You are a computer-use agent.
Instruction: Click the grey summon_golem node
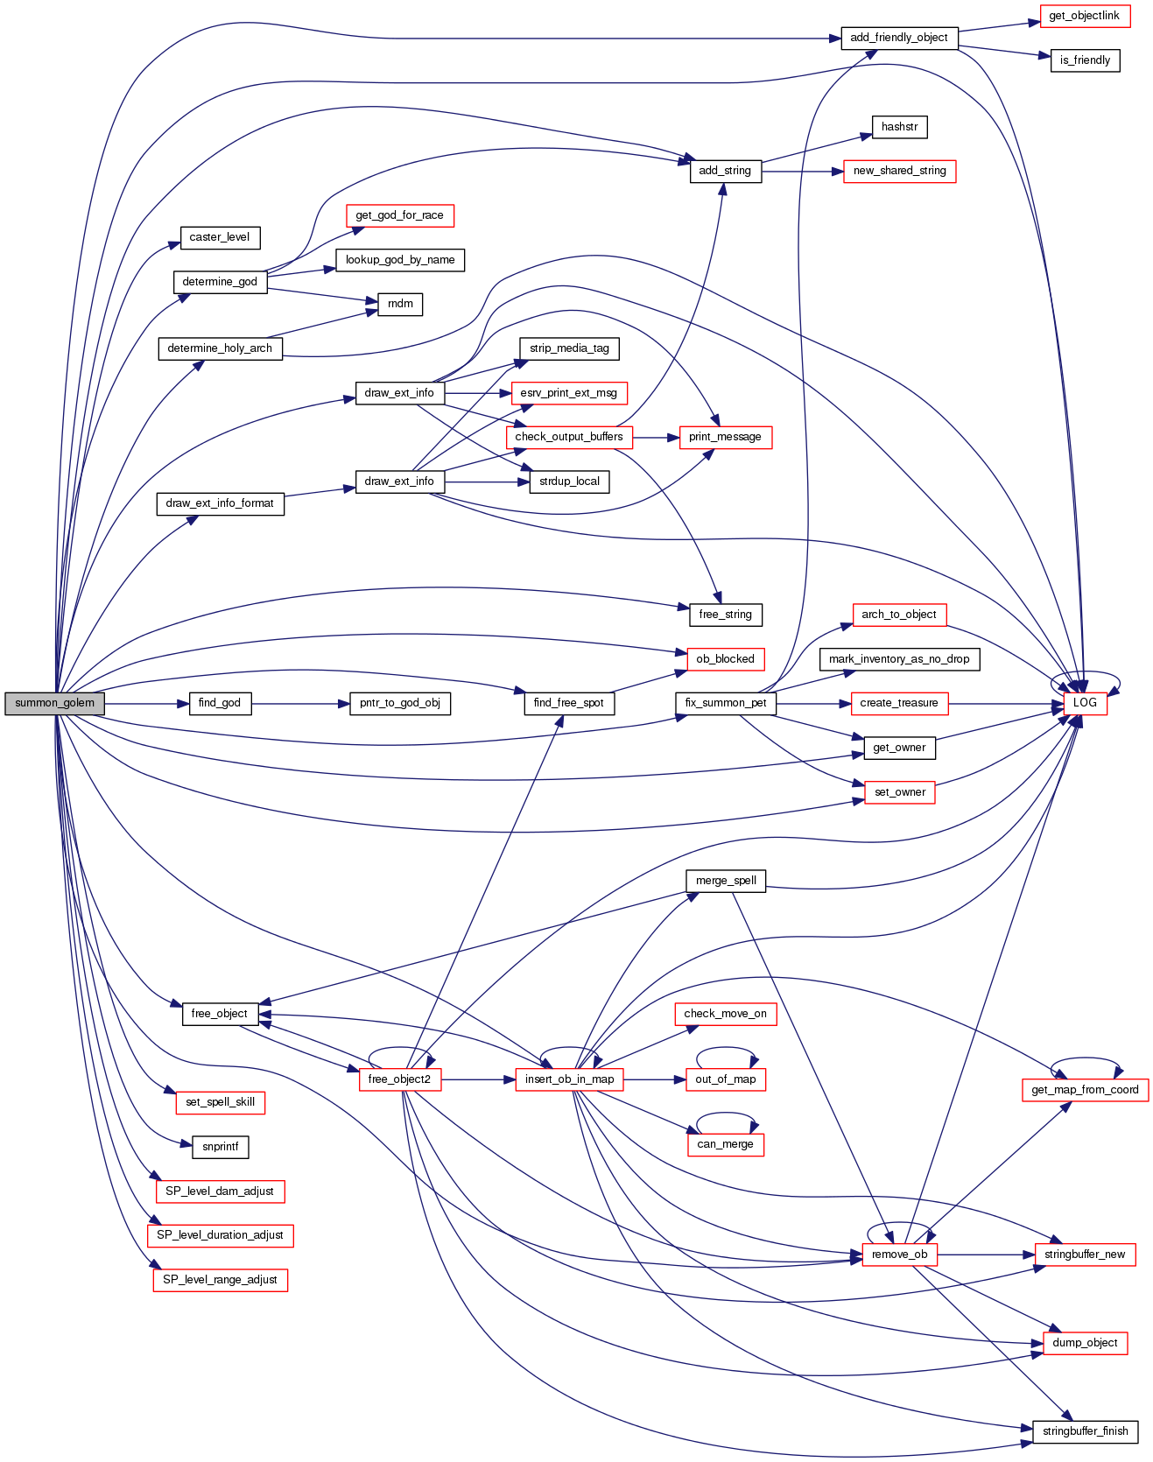(54, 703)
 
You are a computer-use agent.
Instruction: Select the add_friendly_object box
(898, 38)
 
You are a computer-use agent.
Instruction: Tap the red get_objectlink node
(1084, 16)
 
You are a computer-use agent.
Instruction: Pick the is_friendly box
(1085, 60)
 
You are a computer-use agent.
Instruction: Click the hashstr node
(899, 127)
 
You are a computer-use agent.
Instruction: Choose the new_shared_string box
(899, 171)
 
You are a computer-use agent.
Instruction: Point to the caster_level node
(219, 237)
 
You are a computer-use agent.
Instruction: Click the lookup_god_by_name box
(400, 260)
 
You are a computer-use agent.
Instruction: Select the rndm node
(400, 304)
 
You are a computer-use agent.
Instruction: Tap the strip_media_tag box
(569, 348)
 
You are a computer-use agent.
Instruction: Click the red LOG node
(1085, 703)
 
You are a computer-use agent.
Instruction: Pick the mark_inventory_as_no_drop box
(899, 659)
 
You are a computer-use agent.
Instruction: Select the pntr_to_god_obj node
(400, 703)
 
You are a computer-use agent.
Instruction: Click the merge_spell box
(726, 881)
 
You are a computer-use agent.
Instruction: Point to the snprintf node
(220, 1147)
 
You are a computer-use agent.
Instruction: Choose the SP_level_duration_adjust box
(220, 1235)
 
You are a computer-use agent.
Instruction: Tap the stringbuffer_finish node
(1085, 1431)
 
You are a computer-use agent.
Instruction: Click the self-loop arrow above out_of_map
(726, 1049)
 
